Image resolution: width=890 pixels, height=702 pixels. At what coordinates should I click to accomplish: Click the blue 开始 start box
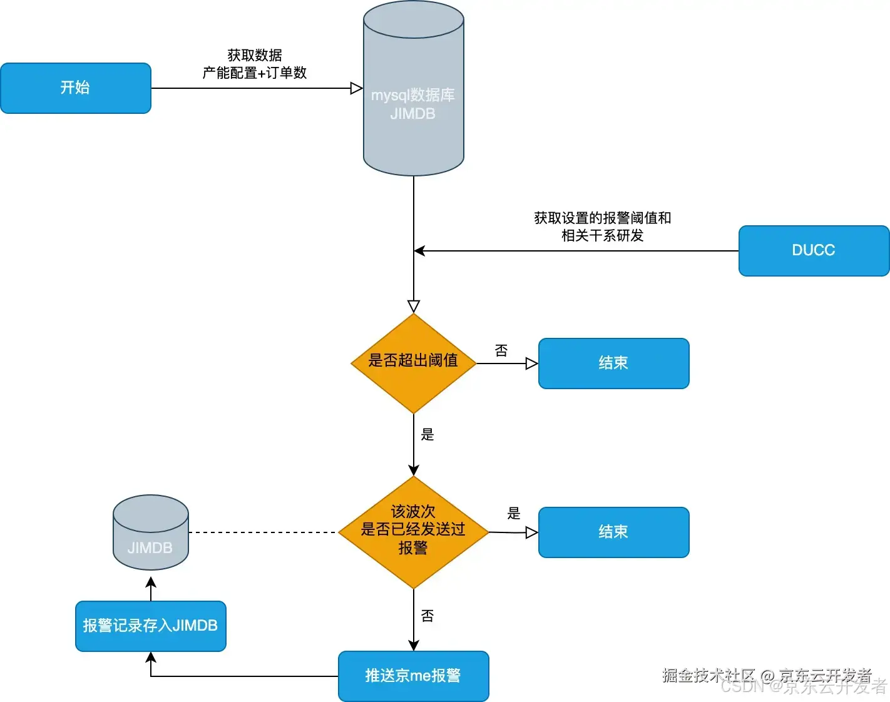tap(76, 88)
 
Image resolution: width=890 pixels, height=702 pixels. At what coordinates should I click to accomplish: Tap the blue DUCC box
tap(814, 250)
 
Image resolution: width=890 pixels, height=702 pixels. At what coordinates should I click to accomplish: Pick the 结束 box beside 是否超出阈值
tap(613, 363)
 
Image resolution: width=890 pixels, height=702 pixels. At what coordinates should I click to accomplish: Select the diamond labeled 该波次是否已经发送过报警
tap(413, 532)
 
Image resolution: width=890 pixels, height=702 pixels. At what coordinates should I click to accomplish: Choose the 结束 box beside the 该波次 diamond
tap(613, 532)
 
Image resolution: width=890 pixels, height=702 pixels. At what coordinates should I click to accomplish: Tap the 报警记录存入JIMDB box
tap(150, 626)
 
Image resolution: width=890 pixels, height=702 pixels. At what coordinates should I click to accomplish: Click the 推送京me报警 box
tap(413, 676)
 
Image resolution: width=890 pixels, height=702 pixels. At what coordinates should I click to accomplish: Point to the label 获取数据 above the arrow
tap(255, 55)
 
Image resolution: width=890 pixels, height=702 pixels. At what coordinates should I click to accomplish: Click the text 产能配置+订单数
tap(255, 73)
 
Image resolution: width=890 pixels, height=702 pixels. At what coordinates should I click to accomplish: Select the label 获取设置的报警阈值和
tap(602, 218)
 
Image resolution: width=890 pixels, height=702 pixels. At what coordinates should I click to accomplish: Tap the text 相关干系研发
tap(602, 235)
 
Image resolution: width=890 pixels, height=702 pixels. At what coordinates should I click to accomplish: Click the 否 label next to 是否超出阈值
tap(501, 350)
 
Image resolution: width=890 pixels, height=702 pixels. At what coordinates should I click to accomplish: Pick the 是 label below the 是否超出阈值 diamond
tap(427, 434)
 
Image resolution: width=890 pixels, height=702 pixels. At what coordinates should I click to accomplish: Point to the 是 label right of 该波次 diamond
tap(514, 513)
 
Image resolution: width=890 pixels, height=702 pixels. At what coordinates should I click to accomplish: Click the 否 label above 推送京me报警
tap(427, 616)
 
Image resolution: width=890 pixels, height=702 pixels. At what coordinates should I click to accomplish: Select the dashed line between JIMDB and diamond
tap(263, 532)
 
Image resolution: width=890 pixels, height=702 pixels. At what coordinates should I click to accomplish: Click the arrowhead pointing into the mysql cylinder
tap(357, 88)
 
